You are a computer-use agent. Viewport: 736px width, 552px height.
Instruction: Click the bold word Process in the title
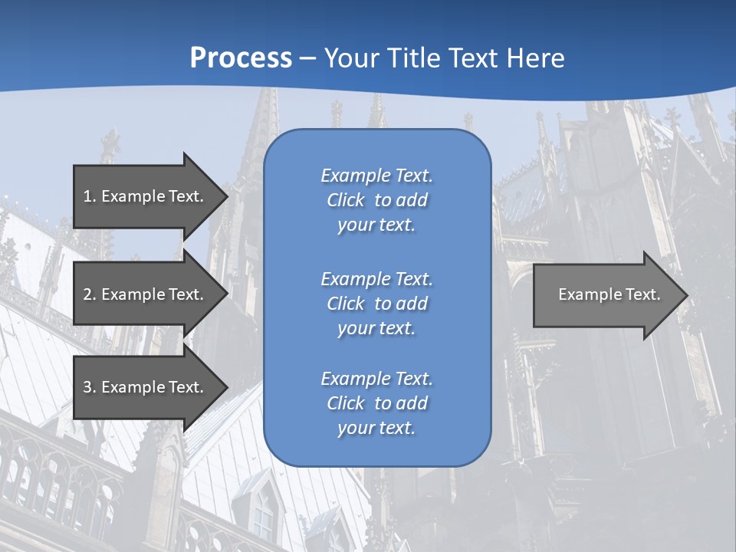point(241,58)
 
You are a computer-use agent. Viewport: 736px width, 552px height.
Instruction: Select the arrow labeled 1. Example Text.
point(143,196)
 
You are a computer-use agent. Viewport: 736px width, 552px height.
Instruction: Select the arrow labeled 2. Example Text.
point(143,294)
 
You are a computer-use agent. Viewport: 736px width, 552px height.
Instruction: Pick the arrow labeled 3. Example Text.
point(143,387)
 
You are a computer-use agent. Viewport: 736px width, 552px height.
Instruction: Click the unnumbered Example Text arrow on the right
point(609,294)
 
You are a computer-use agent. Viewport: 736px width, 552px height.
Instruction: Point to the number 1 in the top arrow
point(87,196)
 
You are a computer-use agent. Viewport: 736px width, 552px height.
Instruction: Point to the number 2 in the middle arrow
point(87,294)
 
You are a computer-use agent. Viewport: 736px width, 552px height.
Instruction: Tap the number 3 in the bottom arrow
point(87,387)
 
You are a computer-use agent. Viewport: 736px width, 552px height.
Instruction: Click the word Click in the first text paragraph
point(346,201)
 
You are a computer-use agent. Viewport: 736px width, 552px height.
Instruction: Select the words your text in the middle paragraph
point(376,328)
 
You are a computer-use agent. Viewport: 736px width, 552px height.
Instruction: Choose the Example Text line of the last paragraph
point(376,379)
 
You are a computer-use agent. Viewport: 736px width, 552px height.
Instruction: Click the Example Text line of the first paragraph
point(376,176)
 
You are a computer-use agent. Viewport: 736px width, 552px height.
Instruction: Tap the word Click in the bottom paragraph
point(346,403)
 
